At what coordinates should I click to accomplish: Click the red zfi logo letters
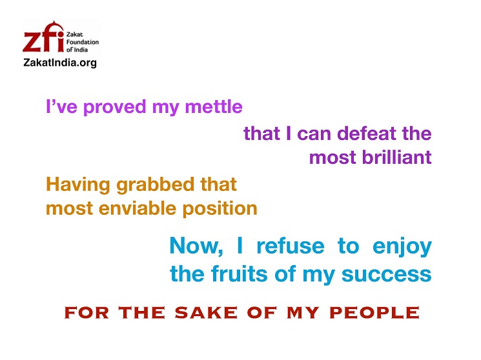click(43, 37)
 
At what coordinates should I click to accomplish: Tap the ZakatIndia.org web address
click(60, 63)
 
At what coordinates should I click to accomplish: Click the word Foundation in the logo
click(83, 42)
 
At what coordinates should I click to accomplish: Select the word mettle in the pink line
click(214, 106)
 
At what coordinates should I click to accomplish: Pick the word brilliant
click(397, 157)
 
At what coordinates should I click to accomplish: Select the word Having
click(78, 185)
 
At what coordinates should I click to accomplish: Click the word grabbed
click(155, 185)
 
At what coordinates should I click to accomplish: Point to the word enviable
click(138, 208)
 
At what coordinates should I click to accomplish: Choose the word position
click(220, 209)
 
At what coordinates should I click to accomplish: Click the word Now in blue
click(196, 246)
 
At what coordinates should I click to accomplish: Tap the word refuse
click(291, 246)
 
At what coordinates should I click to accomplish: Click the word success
click(387, 274)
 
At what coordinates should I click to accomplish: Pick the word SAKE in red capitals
click(206, 313)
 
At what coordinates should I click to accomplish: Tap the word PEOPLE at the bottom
click(374, 313)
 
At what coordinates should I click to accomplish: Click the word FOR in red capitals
click(87, 313)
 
